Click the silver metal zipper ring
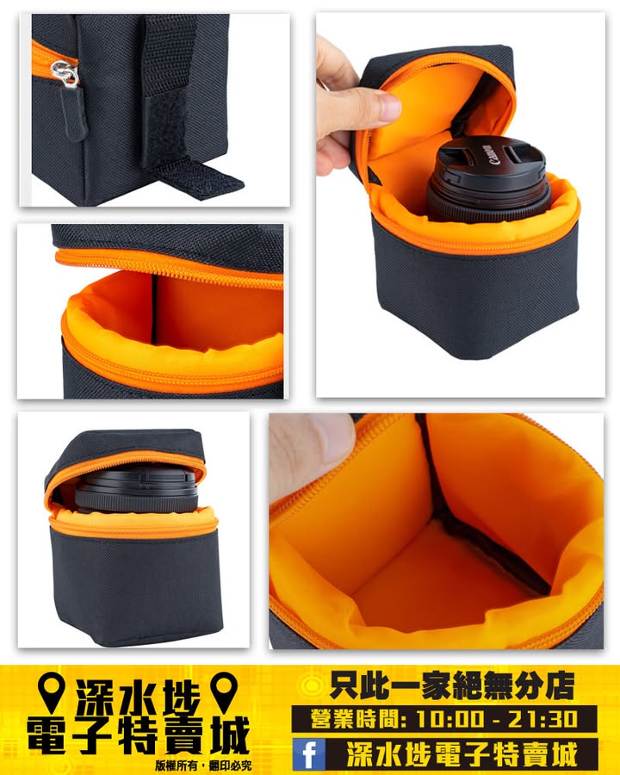click(x=65, y=73)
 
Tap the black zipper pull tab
click(x=74, y=112)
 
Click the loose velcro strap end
click(x=199, y=178)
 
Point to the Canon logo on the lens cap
click(x=487, y=154)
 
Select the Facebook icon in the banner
click(x=308, y=754)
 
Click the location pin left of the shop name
click(x=52, y=691)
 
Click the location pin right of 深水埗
click(x=224, y=691)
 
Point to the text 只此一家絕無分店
click(x=452, y=685)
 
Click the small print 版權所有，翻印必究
click(x=203, y=766)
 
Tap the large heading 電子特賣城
click(x=139, y=735)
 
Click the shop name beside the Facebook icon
click(x=462, y=754)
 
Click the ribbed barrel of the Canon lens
click(x=489, y=196)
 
